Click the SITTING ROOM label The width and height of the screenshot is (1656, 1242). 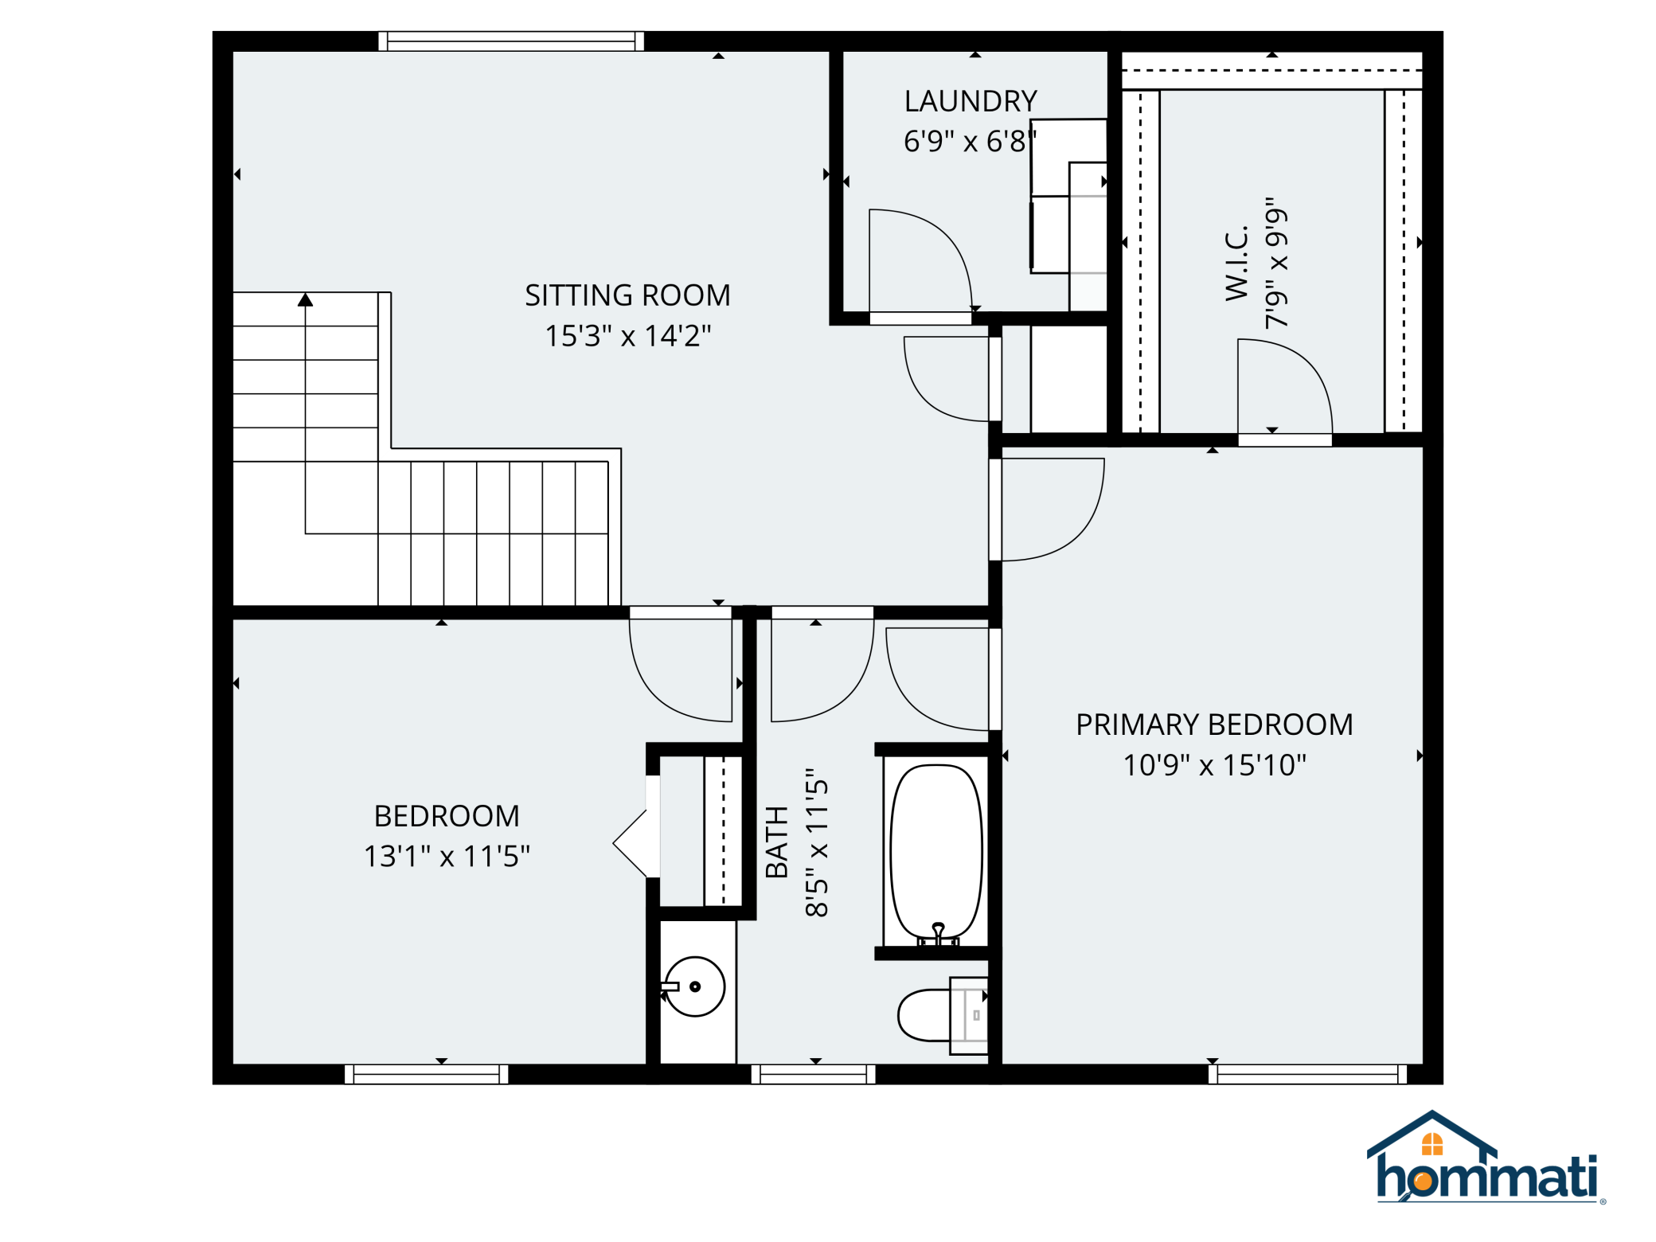(x=627, y=295)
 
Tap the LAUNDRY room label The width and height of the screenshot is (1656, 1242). (x=971, y=101)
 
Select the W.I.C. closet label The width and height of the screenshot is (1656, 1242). (x=1236, y=264)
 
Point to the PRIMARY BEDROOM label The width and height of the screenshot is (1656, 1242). (x=1214, y=724)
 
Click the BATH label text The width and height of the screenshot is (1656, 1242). (x=776, y=842)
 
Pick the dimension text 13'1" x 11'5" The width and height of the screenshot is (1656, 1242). (x=447, y=857)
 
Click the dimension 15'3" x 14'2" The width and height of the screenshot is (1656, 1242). (x=627, y=336)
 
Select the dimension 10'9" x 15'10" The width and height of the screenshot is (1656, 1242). (x=1214, y=765)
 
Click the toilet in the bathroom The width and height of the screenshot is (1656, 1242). (x=943, y=1015)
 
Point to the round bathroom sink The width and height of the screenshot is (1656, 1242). (x=694, y=986)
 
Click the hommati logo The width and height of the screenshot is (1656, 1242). (x=1486, y=1158)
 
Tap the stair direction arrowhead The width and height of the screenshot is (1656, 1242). (x=306, y=299)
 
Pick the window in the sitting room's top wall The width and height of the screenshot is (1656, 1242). (x=511, y=41)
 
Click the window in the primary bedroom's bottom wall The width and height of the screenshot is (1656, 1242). (x=1307, y=1074)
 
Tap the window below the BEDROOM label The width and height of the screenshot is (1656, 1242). (x=427, y=1074)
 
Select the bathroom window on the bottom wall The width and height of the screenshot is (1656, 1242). (x=814, y=1074)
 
